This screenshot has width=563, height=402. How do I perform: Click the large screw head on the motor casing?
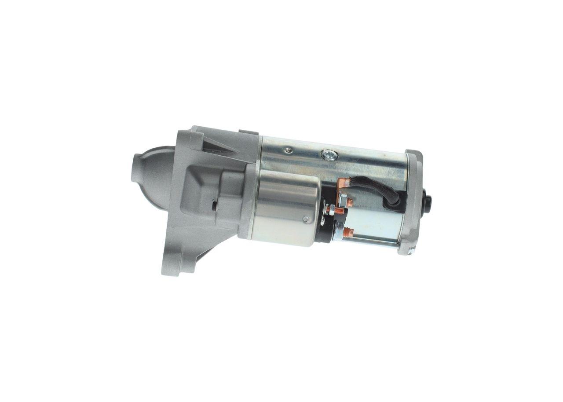(x=328, y=155)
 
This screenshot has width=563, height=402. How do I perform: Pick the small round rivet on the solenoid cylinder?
(x=307, y=219)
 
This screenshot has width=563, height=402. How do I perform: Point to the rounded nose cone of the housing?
(x=147, y=176)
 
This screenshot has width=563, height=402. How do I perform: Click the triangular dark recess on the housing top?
(x=218, y=145)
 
